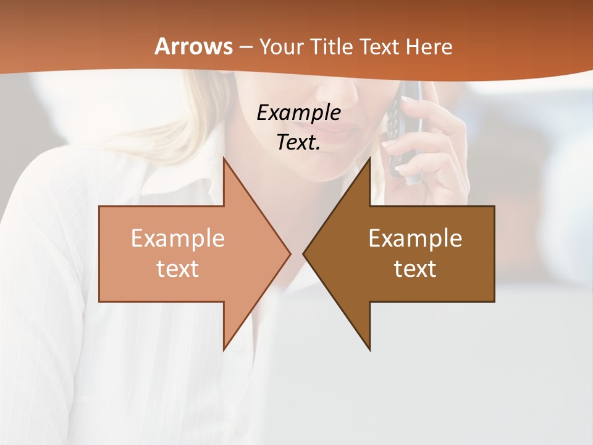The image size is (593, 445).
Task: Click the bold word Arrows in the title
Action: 194,46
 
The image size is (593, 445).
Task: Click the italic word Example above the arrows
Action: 298,112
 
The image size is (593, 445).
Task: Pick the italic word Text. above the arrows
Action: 298,142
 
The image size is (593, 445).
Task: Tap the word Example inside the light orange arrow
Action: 178,239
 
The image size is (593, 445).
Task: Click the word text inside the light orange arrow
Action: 178,269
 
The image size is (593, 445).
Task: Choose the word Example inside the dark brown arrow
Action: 415,239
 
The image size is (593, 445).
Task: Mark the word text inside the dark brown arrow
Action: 415,269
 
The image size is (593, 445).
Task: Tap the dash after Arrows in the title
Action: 245,47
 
